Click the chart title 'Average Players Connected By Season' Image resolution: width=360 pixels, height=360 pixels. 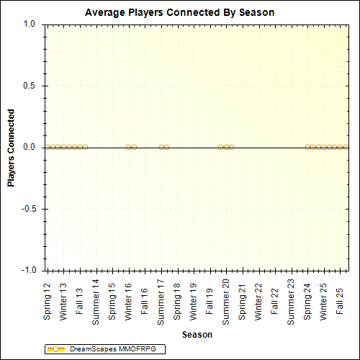coord(179,13)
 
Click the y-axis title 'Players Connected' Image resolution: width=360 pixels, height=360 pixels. coord(12,148)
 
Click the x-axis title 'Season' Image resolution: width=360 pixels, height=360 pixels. coord(197,334)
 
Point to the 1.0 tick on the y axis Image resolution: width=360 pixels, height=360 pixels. coord(30,24)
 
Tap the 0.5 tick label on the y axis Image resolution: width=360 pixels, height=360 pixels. coord(30,86)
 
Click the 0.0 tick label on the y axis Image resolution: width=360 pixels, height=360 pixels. coord(30,147)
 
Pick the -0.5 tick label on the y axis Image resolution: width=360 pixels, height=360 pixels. coord(28,209)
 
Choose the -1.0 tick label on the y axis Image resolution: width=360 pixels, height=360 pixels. coord(28,270)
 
